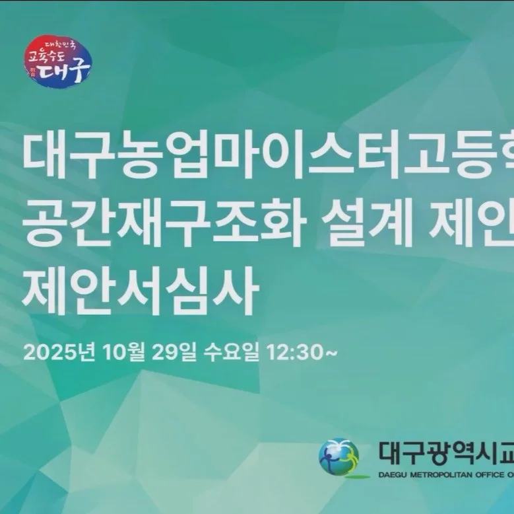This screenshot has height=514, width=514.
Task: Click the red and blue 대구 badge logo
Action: [57, 61]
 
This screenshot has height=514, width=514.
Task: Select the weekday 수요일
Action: [232, 352]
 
